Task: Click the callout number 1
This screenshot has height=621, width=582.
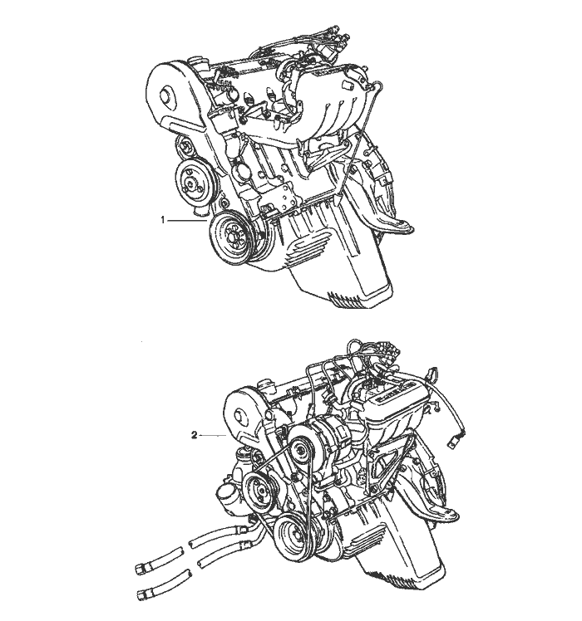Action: point(162,220)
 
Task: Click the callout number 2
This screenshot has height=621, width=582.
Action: point(194,435)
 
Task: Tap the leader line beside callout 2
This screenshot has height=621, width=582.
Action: point(213,436)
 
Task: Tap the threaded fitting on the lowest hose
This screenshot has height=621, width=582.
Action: point(143,594)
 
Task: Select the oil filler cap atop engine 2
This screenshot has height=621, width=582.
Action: point(264,384)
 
